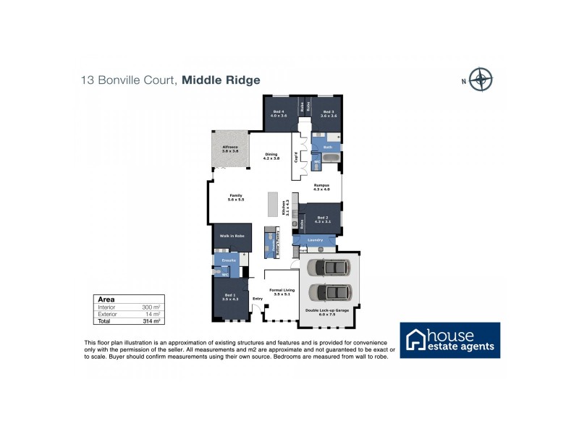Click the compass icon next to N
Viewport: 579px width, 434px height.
click(480, 80)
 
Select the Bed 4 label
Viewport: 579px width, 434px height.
click(279, 114)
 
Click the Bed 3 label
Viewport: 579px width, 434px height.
click(329, 114)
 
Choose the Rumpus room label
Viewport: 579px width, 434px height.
click(321, 187)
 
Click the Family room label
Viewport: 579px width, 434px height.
click(235, 197)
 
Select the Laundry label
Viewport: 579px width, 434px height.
click(315, 239)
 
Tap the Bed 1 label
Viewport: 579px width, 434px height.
click(229, 297)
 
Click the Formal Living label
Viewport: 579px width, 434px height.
click(282, 292)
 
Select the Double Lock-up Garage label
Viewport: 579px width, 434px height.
click(329, 312)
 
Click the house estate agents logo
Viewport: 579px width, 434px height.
click(450, 340)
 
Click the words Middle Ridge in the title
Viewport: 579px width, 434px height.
click(221, 80)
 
